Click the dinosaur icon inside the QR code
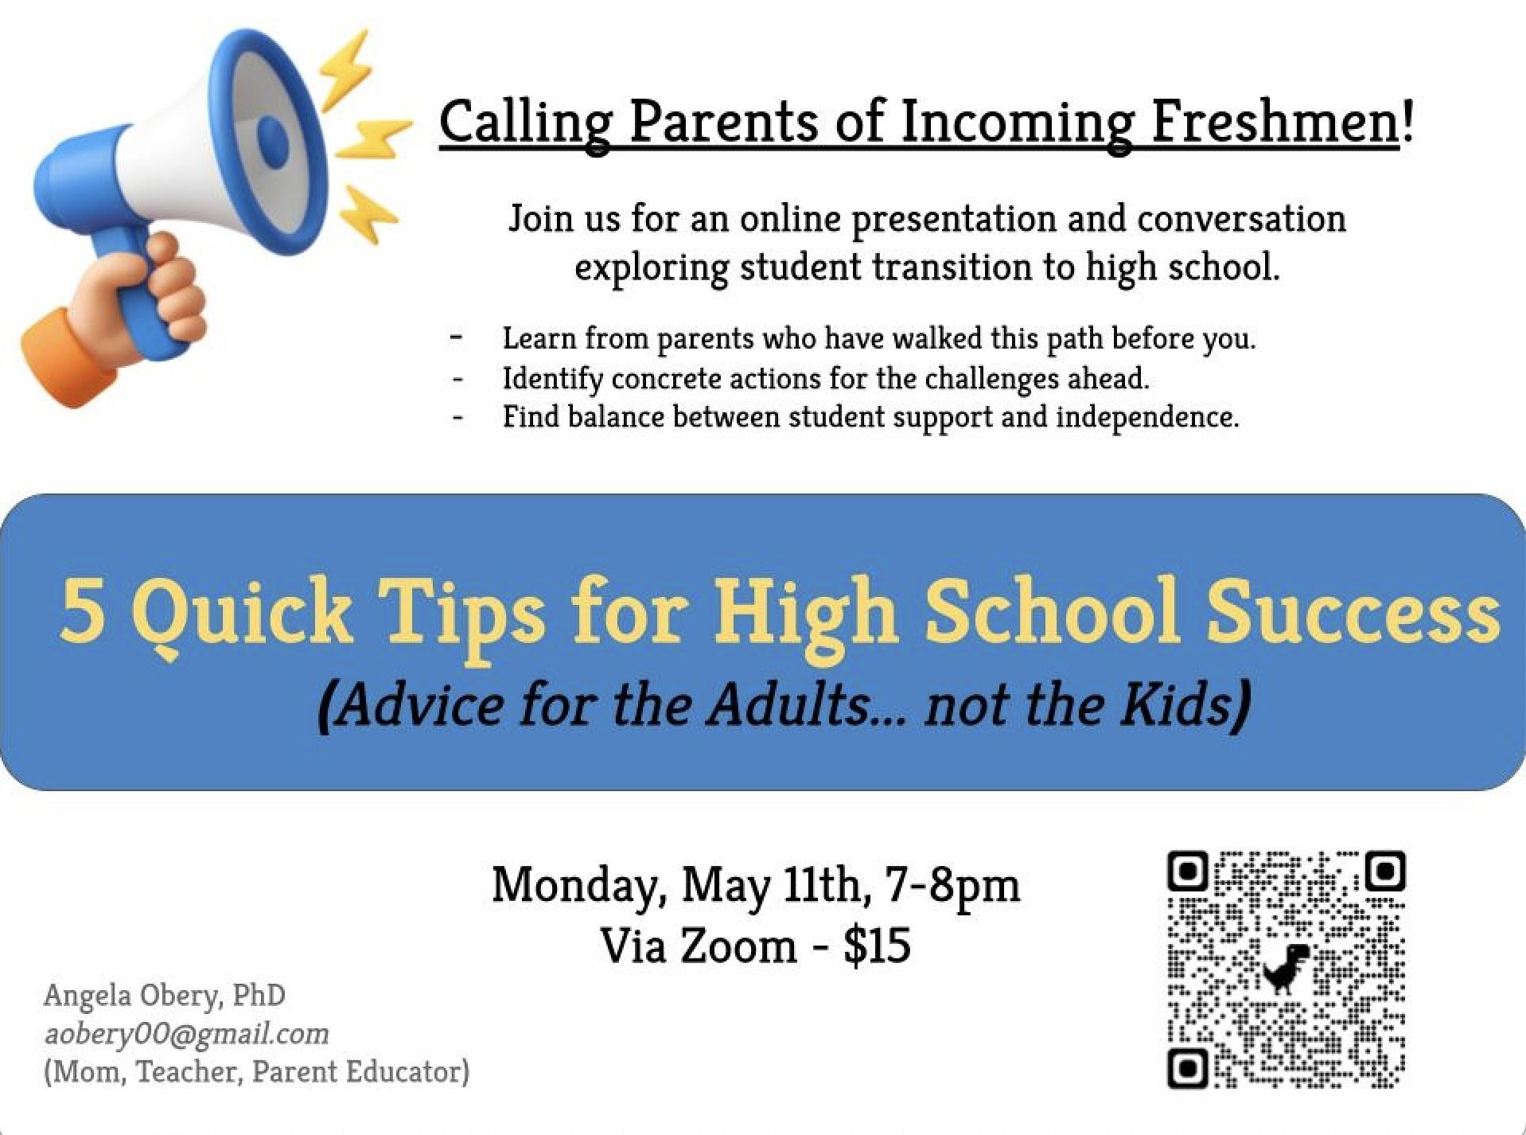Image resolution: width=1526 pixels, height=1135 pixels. (x=1286, y=968)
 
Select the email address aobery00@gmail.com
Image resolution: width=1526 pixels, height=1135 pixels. (x=186, y=1033)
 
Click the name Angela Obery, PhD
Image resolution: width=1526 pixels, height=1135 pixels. (x=165, y=995)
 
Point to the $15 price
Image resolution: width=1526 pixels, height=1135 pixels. (x=877, y=945)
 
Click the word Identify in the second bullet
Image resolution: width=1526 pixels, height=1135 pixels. (x=552, y=379)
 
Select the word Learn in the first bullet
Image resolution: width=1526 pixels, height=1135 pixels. (x=539, y=338)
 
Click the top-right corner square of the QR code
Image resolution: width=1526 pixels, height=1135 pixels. (x=1385, y=872)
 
